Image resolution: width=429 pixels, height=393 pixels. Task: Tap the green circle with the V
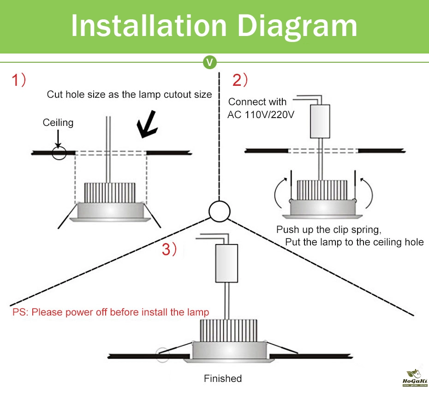click(x=210, y=62)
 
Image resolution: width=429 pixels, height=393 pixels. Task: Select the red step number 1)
click(x=19, y=81)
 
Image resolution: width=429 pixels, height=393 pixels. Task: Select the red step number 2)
click(x=240, y=80)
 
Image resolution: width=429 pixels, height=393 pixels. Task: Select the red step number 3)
click(x=169, y=250)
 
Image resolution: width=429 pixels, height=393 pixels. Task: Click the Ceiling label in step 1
click(x=58, y=122)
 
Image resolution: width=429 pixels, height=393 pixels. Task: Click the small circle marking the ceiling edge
click(x=59, y=152)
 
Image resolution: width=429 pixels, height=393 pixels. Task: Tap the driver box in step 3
click(x=226, y=263)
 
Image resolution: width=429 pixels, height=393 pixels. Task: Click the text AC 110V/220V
click(x=261, y=114)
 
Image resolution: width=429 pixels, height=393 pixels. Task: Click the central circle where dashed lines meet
click(x=219, y=211)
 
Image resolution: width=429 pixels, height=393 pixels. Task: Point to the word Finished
click(x=223, y=379)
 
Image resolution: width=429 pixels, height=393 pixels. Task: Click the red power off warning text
click(x=111, y=312)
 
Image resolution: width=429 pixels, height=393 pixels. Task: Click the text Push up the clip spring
click(x=329, y=230)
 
